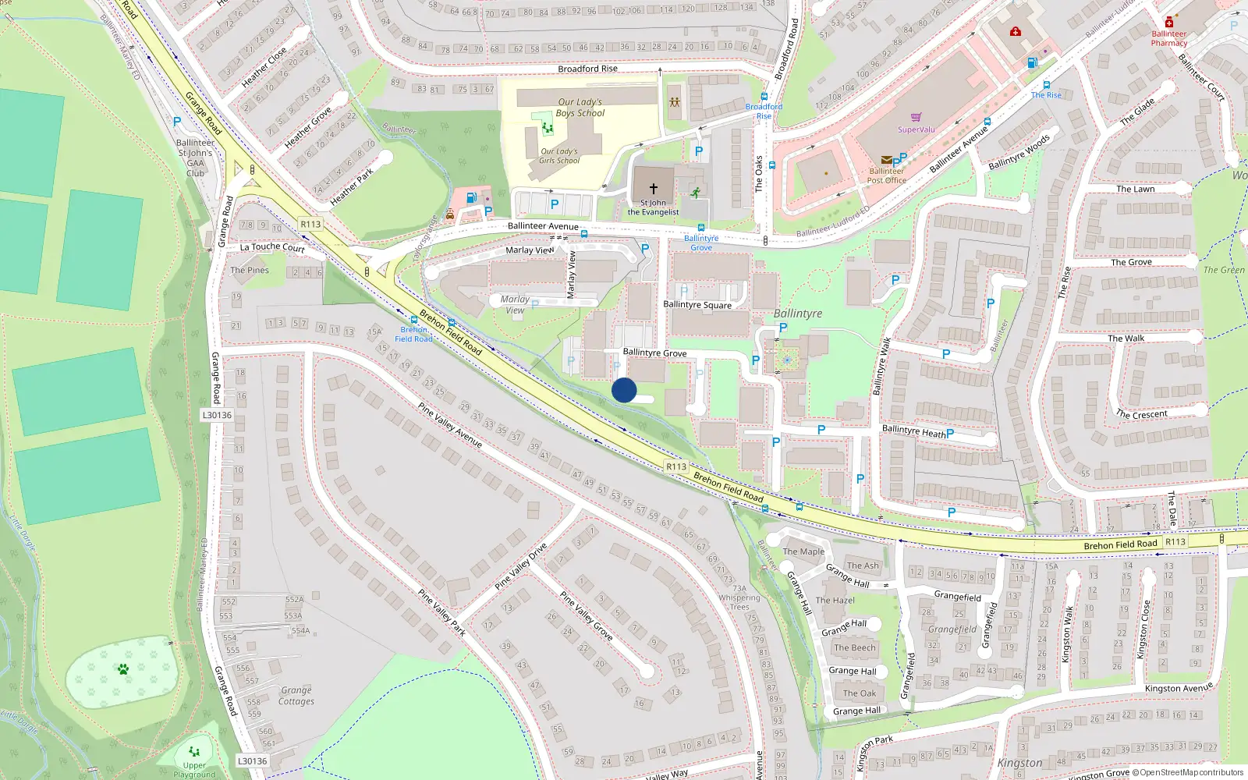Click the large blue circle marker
(x=624, y=390)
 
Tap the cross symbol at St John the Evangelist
(x=654, y=189)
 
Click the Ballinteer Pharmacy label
(x=1168, y=38)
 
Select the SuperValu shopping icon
(x=916, y=118)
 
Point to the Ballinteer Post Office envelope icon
(x=886, y=160)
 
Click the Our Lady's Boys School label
(x=580, y=108)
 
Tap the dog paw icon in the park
(x=123, y=669)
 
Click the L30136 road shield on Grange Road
(x=218, y=415)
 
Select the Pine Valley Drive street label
(x=520, y=566)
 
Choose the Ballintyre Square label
(x=697, y=305)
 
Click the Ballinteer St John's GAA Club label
(x=195, y=158)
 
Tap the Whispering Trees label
(x=739, y=602)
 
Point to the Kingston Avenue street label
(x=1179, y=688)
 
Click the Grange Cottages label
(x=296, y=696)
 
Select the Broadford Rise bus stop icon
(x=764, y=97)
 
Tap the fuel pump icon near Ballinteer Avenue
(x=471, y=198)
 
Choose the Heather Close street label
(x=264, y=68)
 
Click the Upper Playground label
(x=194, y=770)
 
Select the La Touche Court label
(x=272, y=247)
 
